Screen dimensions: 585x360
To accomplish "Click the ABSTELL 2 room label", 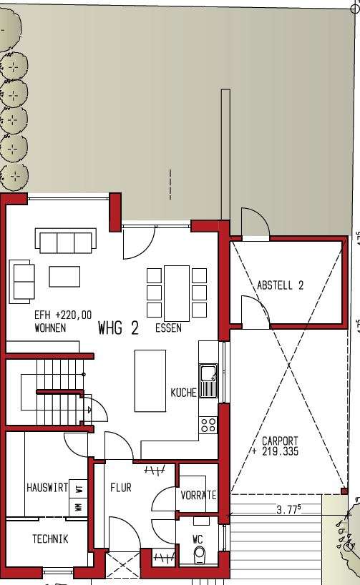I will click(x=281, y=285).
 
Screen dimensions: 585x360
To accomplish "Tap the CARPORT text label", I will click(x=280, y=441).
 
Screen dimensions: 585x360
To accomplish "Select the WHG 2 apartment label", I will click(x=118, y=328).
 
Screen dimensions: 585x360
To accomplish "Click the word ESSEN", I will click(x=168, y=329).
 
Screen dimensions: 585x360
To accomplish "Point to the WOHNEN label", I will click(x=50, y=328).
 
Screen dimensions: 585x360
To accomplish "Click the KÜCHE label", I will click(x=183, y=393).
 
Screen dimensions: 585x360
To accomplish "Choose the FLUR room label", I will click(x=120, y=488).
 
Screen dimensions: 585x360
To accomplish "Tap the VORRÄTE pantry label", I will click(x=198, y=495).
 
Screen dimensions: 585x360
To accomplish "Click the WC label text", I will click(x=198, y=540).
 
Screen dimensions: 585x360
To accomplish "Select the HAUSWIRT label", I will click(x=47, y=488).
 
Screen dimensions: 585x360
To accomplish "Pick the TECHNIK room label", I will click(x=50, y=539).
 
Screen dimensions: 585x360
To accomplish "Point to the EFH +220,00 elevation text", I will click(x=63, y=315).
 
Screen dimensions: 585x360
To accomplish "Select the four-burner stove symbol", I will click(x=208, y=424).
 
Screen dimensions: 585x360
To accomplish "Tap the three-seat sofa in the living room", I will click(x=67, y=241).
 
